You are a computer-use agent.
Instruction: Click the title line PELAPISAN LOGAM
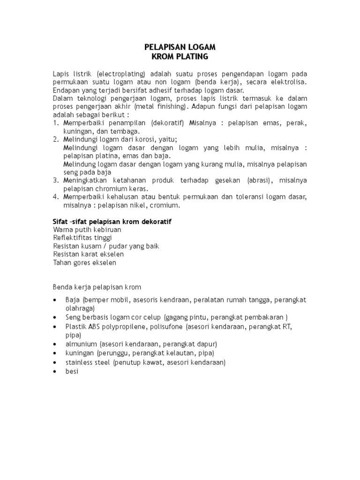click(x=180, y=47)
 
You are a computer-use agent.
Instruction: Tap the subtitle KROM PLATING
click(x=180, y=57)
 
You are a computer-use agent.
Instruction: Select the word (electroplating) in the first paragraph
click(x=122, y=74)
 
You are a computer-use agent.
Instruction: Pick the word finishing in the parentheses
click(x=170, y=106)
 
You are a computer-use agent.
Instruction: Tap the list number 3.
click(x=55, y=180)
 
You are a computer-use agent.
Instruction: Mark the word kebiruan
click(x=106, y=230)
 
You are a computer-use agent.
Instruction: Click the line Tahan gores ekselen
click(x=85, y=262)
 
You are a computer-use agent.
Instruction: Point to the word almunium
click(x=81, y=344)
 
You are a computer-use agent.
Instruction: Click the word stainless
click(x=79, y=362)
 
